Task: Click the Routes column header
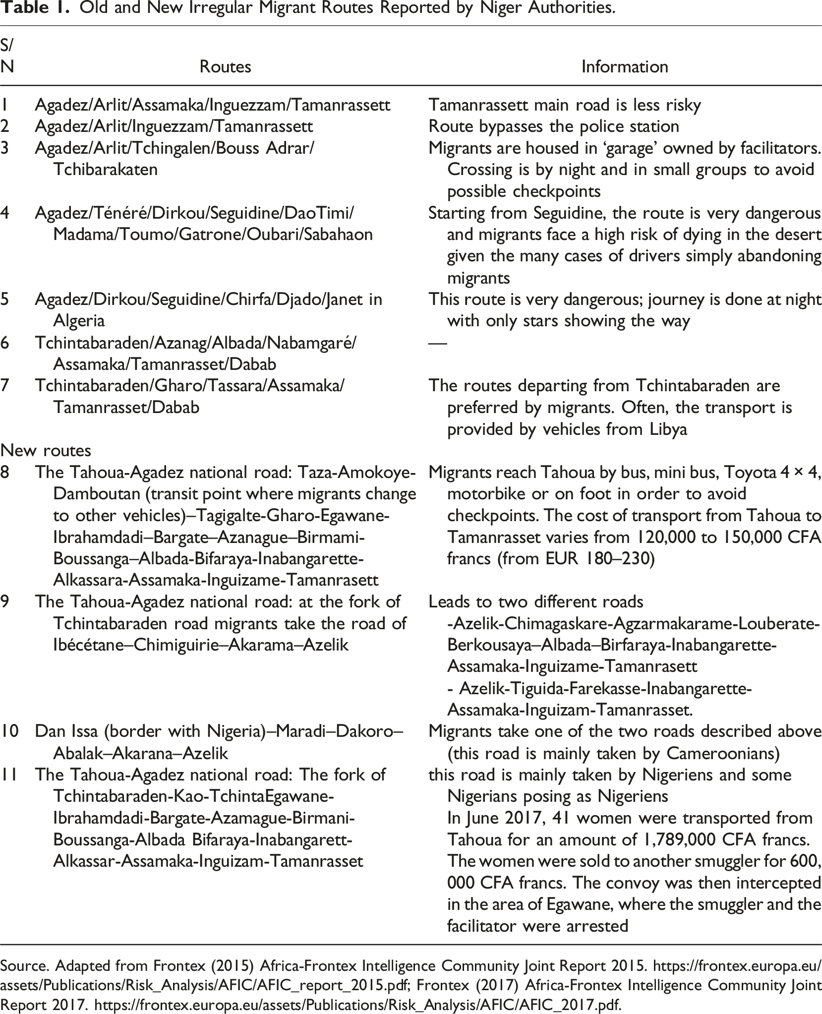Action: (x=225, y=66)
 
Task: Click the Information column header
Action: (x=624, y=66)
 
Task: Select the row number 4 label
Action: (x=6, y=213)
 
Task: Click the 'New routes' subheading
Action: (x=46, y=450)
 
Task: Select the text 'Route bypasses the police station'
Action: (x=553, y=126)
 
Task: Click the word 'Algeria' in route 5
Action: (x=79, y=321)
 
